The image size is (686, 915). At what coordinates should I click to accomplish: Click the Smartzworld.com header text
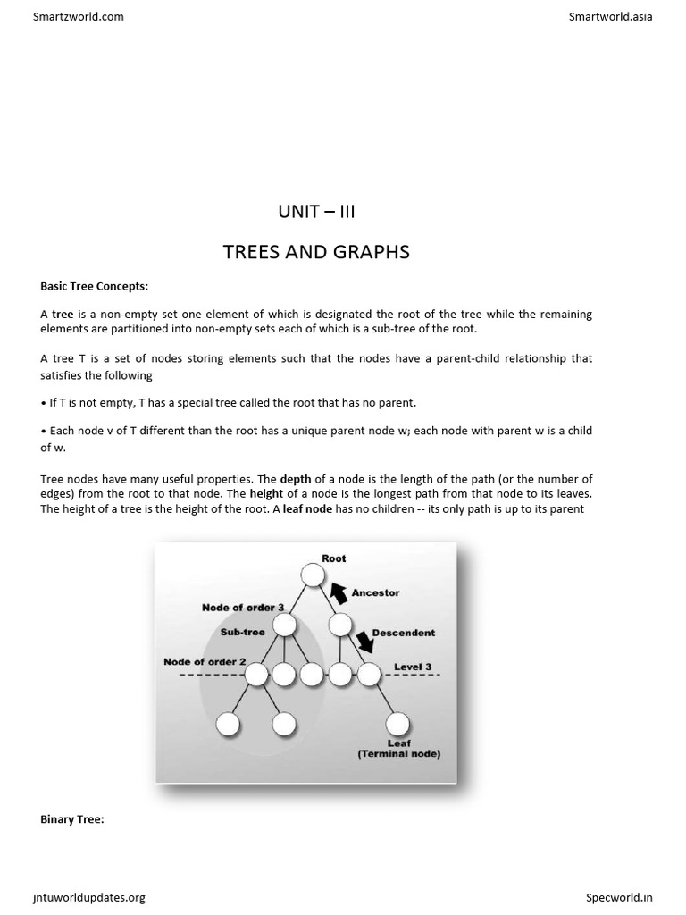[x=79, y=16]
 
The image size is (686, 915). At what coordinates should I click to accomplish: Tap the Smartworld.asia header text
[x=610, y=16]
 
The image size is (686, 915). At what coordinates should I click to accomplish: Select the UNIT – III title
[x=316, y=213]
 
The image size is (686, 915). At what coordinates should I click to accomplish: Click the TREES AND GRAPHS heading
[x=316, y=252]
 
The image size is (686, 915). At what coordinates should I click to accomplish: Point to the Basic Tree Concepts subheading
[x=95, y=287]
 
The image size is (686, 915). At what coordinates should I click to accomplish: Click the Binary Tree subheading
[x=72, y=818]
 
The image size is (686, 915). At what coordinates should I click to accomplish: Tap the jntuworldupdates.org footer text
[x=89, y=897]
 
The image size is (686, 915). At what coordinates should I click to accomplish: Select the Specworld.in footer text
[x=619, y=897]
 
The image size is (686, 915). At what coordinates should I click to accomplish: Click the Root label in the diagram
[x=334, y=558]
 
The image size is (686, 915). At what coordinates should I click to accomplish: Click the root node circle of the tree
[x=312, y=575]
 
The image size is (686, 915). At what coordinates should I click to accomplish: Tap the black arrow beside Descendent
[x=364, y=641]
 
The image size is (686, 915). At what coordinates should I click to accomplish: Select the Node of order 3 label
[x=243, y=608]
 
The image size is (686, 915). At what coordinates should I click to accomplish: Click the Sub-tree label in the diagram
[x=242, y=633]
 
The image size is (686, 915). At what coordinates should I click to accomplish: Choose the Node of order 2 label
[x=205, y=662]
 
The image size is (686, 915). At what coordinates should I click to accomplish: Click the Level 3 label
[x=413, y=667]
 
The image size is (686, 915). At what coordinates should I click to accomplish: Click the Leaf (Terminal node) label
[x=398, y=749]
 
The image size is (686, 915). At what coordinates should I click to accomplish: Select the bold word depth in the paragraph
[x=296, y=479]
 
